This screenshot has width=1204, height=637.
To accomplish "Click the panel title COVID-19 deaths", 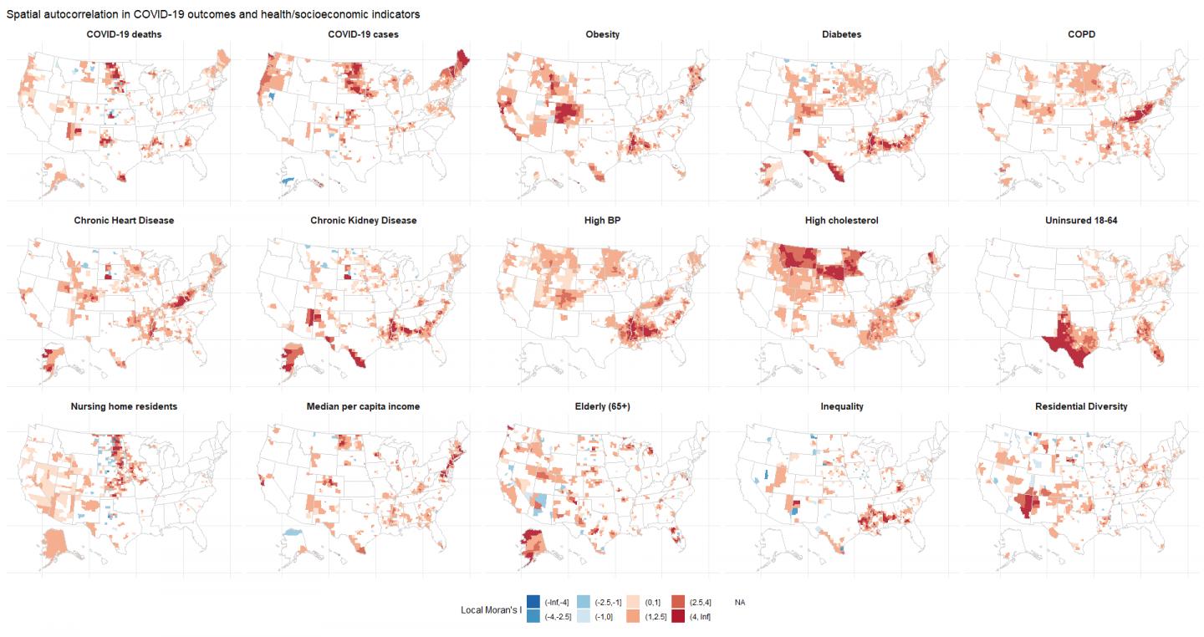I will pyautogui.click(x=124, y=34).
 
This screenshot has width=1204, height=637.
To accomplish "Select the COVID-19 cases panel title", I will pyautogui.click(x=363, y=34).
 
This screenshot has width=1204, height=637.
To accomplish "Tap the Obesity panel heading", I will pyautogui.click(x=602, y=34).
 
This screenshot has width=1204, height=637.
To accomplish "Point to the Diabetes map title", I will pyautogui.click(x=841, y=34).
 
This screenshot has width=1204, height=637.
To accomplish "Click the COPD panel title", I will pyautogui.click(x=1081, y=34).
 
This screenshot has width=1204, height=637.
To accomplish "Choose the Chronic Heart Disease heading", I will pyautogui.click(x=124, y=221).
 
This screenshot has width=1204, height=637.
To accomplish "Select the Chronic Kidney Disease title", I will pyautogui.click(x=363, y=221).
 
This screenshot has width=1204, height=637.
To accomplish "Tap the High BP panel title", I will pyautogui.click(x=602, y=221).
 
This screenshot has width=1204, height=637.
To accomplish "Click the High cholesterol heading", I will pyautogui.click(x=841, y=221).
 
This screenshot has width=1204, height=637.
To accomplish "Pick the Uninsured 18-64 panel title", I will pyautogui.click(x=1081, y=221).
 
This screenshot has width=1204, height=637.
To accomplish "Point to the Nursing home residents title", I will pyautogui.click(x=124, y=406).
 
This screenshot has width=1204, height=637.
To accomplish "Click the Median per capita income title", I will pyautogui.click(x=363, y=406).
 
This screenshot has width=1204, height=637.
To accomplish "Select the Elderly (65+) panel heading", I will pyautogui.click(x=602, y=406).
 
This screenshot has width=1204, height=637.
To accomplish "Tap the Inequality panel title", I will pyautogui.click(x=841, y=406).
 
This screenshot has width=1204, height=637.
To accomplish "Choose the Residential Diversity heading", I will pyautogui.click(x=1081, y=406).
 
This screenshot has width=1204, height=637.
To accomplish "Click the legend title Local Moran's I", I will pyautogui.click(x=490, y=609).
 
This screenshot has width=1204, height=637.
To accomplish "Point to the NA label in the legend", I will pyautogui.click(x=740, y=602).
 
